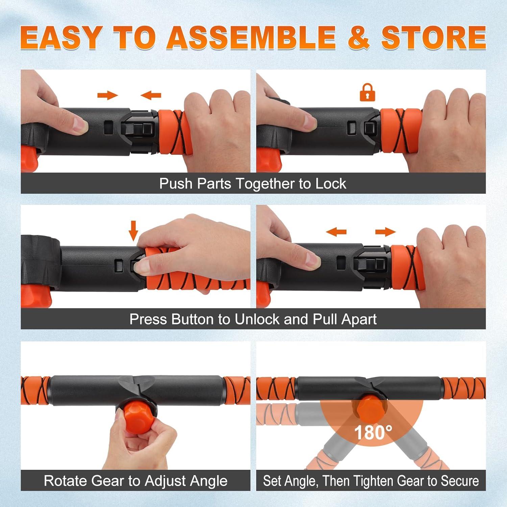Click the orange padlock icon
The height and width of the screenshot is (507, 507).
click(x=367, y=92)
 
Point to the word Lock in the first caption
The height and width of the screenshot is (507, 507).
click(x=331, y=184)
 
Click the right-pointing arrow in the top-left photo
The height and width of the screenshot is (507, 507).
click(x=107, y=95)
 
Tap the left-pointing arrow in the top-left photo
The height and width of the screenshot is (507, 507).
click(x=151, y=96)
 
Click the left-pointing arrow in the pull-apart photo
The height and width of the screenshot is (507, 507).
click(x=336, y=232)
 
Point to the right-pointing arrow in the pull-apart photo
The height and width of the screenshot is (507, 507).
click(x=385, y=232)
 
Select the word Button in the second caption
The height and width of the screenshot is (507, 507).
click(x=192, y=319)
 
